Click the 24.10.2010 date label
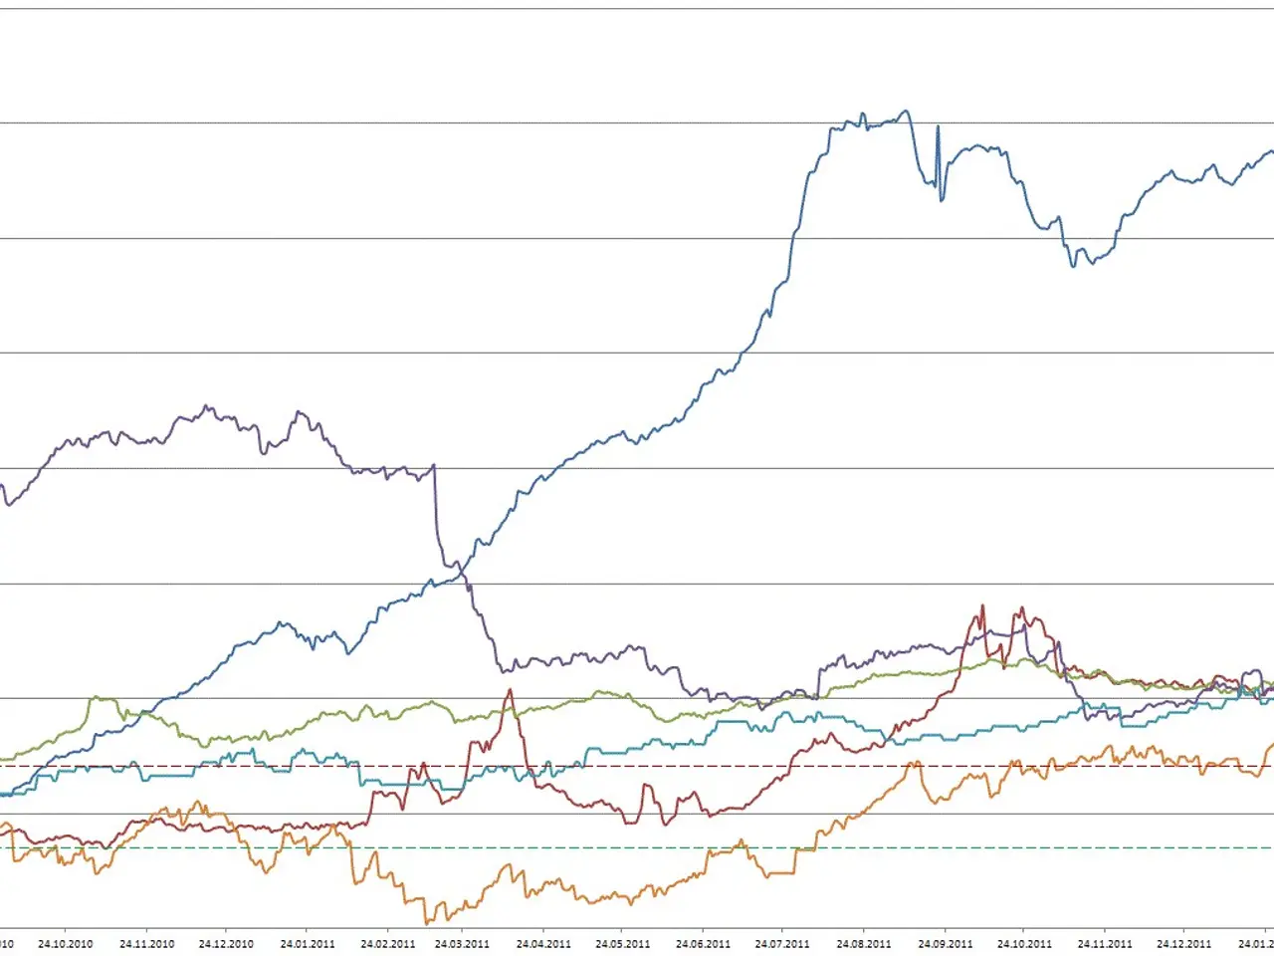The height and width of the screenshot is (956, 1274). [x=66, y=943]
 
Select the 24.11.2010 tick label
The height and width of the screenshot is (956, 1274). [x=146, y=943]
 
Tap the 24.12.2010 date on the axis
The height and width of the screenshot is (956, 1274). [x=226, y=943]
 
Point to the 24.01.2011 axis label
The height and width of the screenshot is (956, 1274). [x=308, y=943]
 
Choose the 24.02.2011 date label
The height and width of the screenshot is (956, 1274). [x=388, y=943]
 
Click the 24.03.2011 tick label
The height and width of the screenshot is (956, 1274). [x=462, y=943]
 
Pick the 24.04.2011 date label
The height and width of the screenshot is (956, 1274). [x=543, y=943]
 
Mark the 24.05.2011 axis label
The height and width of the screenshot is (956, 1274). [x=623, y=943]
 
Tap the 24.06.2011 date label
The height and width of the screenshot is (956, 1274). [x=704, y=943]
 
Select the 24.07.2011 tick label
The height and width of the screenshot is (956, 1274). [x=782, y=943]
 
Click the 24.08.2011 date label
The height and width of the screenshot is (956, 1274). [x=864, y=943]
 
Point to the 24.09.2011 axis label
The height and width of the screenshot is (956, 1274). [x=945, y=943]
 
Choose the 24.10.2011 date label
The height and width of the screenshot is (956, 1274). [x=1024, y=943]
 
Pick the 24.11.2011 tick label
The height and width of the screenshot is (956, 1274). [x=1105, y=943]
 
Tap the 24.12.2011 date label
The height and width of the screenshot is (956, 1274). [x=1184, y=943]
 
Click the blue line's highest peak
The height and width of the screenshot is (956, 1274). [x=905, y=111]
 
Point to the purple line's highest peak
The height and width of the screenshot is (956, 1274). [x=206, y=406]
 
